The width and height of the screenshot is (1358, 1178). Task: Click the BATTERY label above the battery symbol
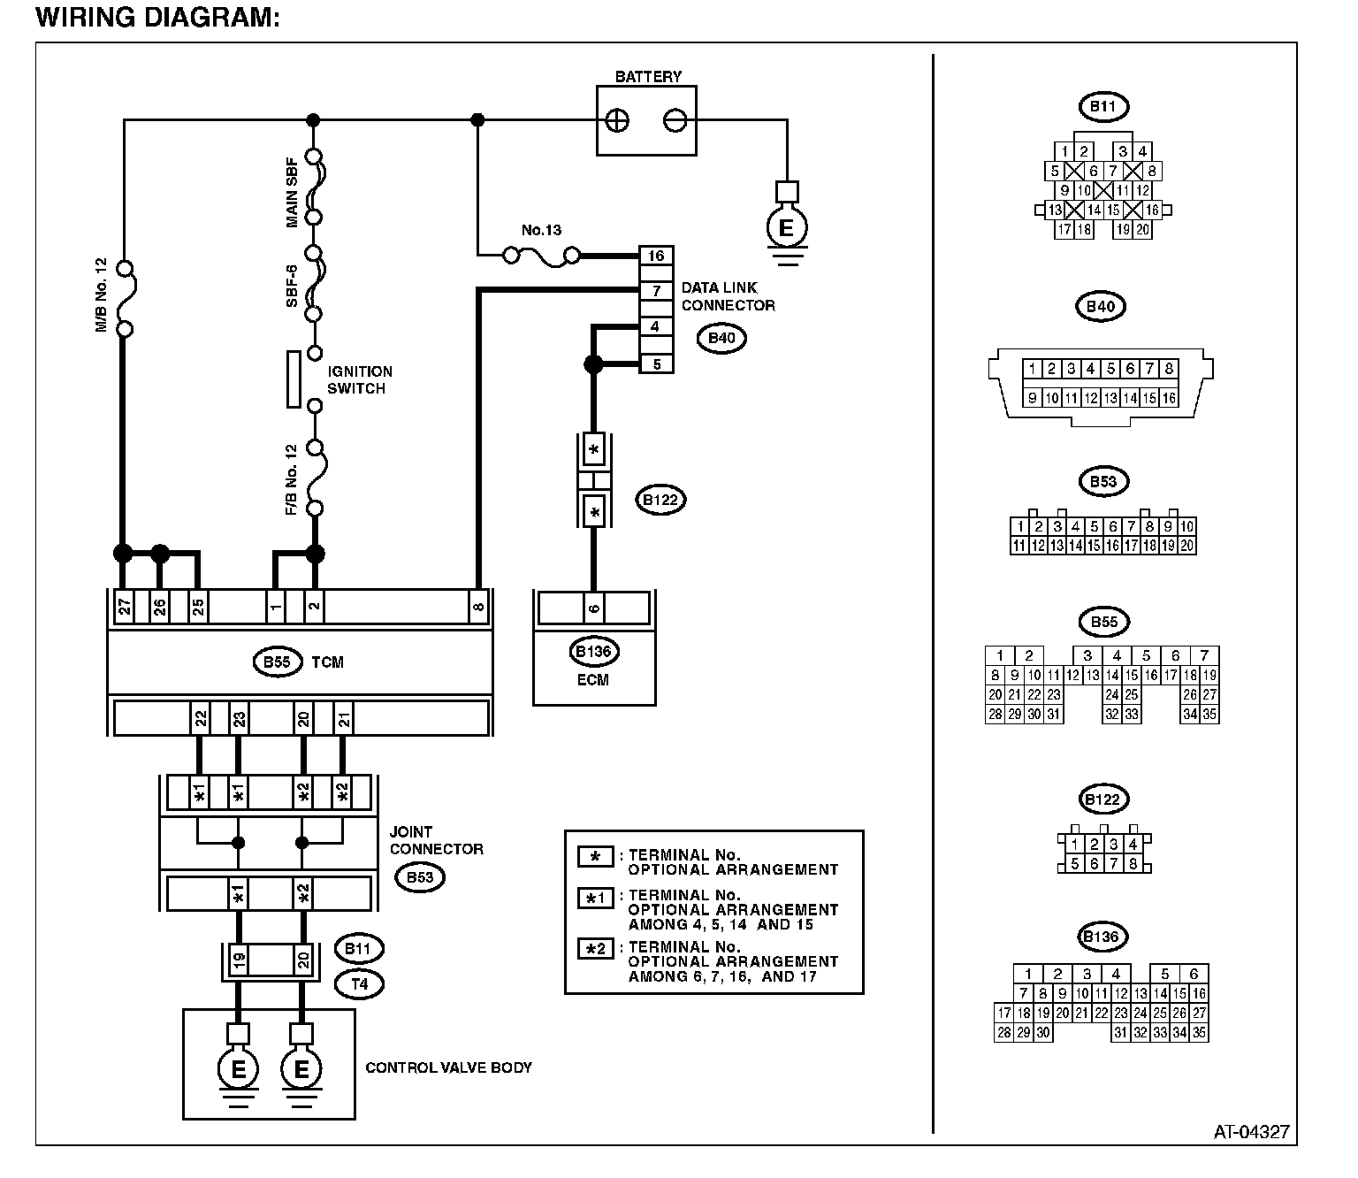648,77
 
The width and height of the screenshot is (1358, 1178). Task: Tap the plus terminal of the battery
618,120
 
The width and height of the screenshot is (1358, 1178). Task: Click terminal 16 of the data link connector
656,256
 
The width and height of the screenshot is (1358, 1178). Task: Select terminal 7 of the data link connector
656,291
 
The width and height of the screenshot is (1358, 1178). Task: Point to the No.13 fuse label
541,231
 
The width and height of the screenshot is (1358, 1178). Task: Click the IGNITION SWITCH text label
360,380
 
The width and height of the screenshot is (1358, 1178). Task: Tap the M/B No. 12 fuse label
101,294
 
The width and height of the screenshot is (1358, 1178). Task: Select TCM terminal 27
124,607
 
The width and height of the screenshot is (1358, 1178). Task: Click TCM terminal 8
478,607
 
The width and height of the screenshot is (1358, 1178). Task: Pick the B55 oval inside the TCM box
278,662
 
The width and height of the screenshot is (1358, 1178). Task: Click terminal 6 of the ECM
594,608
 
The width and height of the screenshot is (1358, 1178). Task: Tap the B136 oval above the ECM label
593,653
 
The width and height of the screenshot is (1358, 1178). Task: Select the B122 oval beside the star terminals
660,500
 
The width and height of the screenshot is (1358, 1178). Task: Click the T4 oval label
358,983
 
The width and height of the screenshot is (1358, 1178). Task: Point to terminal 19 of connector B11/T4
238,960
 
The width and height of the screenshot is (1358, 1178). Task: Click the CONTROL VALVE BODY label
448,1067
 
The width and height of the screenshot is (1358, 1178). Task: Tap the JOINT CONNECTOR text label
437,840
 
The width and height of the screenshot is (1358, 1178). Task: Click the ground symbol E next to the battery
785,229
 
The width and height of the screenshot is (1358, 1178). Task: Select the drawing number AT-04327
1251,1131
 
